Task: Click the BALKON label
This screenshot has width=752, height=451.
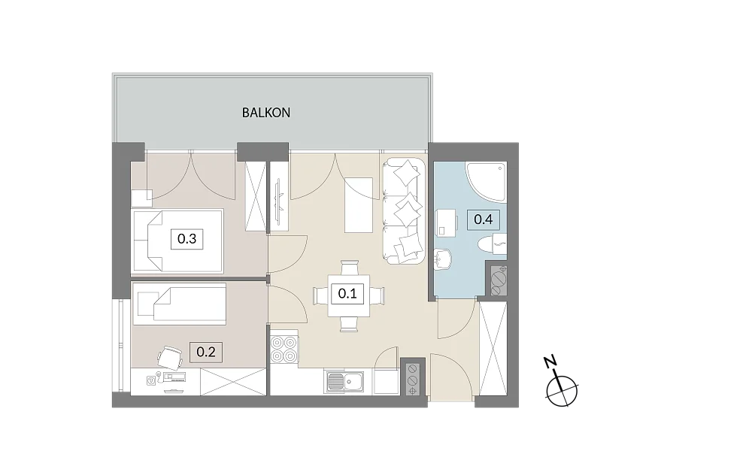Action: [265, 113]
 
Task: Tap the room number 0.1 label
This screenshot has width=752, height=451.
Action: [347, 293]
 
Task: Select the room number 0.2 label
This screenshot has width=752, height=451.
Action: [206, 353]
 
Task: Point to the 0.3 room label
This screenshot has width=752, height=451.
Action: [186, 239]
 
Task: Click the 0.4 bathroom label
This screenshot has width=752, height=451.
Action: [484, 219]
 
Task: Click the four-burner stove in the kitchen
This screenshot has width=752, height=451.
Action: [284, 349]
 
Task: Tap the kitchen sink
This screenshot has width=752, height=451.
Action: [344, 382]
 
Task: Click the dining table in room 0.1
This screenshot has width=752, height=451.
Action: [349, 295]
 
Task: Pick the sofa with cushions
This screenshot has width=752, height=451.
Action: [403, 211]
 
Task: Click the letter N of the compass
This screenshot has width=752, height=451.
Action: [550, 362]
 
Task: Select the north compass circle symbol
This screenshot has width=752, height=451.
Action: [562, 390]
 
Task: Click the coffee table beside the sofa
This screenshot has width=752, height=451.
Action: [359, 205]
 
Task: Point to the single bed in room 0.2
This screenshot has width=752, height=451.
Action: [179, 304]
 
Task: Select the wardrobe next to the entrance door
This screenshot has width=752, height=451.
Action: [493, 349]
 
